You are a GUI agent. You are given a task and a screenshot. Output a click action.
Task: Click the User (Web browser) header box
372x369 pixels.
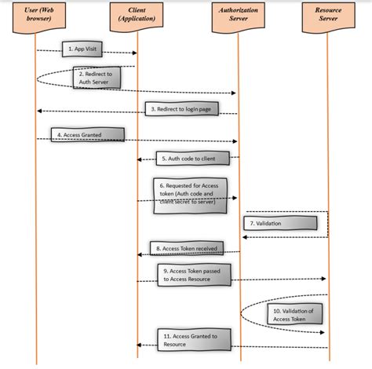click(x=36, y=16)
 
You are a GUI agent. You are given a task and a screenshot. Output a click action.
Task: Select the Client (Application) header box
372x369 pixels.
click(x=137, y=16)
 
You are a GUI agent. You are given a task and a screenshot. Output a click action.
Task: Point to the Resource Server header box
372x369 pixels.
click(x=327, y=16)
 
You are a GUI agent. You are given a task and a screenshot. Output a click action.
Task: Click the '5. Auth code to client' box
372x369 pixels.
click(x=188, y=159)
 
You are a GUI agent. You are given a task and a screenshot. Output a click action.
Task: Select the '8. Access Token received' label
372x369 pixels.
click(x=184, y=248)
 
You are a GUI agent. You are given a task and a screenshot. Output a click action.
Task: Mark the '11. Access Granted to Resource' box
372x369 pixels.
click(x=188, y=340)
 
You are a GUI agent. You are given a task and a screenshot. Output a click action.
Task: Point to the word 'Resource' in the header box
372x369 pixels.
click(x=327, y=12)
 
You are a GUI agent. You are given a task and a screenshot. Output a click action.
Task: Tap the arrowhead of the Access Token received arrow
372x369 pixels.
click(x=140, y=254)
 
